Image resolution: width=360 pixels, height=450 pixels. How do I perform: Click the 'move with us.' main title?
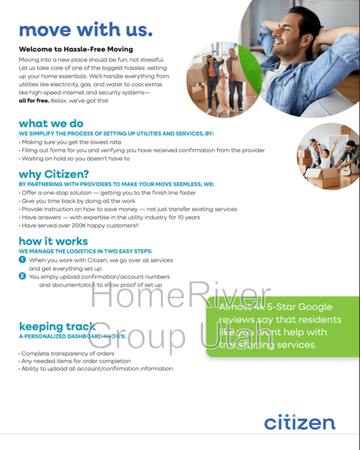click(x=85, y=29)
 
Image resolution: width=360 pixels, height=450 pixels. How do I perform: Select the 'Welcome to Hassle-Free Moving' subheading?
click(x=76, y=49)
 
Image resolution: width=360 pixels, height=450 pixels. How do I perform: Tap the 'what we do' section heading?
click(x=51, y=123)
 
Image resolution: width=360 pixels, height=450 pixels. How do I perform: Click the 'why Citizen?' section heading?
click(x=54, y=174)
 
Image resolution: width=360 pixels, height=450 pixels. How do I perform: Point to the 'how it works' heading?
click(x=53, y=241)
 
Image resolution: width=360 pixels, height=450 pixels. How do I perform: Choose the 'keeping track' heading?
click(x=57, y=326)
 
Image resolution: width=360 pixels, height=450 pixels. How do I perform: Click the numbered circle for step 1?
click(x=22, y=260)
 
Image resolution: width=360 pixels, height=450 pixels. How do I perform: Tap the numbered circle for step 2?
click(x=22, y=276)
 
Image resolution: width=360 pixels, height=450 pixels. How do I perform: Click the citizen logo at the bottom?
click(x=300, y=422)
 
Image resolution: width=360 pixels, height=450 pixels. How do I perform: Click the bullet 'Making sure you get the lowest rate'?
click(x=71, y=142)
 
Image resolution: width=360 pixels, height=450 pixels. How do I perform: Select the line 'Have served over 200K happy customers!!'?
click(x=80, y=226)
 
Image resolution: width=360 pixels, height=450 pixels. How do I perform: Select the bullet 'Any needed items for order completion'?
click(x=76, y=361)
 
